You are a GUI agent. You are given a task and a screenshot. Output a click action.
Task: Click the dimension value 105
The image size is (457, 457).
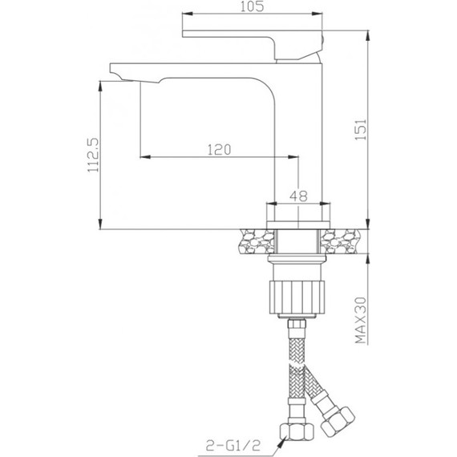click(x=252, y=6)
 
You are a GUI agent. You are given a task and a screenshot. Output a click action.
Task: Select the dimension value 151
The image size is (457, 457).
click(x=361, y=129)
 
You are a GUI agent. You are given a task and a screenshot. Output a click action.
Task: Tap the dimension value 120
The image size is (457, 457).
click(x=219, y=150)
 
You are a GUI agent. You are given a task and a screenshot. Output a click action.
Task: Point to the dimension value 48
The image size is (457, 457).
click(x=298, y=196)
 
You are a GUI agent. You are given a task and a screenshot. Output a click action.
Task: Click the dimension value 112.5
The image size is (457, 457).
click(x=94, y=155)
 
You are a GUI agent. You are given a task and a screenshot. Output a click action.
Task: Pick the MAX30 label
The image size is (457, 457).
click(x=361, y=321)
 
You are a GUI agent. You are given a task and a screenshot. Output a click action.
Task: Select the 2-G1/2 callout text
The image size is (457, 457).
click(x=233, y=445)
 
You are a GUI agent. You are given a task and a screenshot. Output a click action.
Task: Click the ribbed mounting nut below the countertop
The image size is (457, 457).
click(x=297, y=297)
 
